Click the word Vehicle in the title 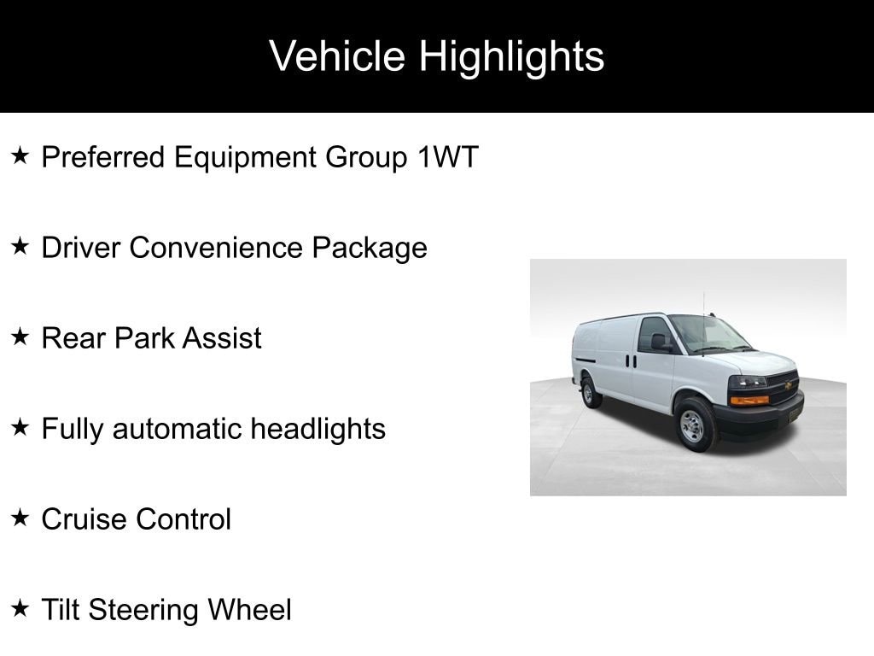coord(336,56)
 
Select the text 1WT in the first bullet coord(447,157)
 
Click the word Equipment coord(245,158)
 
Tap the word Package coord(370,249)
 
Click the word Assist coord(222,338)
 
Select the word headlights coord(318,430)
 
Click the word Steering coord(143,611)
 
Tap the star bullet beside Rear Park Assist coord(20,337)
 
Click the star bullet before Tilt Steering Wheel coord(20,608)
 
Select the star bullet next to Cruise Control coord(20,518)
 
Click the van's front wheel coord(694,425)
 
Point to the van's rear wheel coord(589,393)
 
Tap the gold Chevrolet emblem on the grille coord(788,385)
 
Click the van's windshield coord(708,334)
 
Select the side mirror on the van coord(659,342)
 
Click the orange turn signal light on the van coord(749,400)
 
